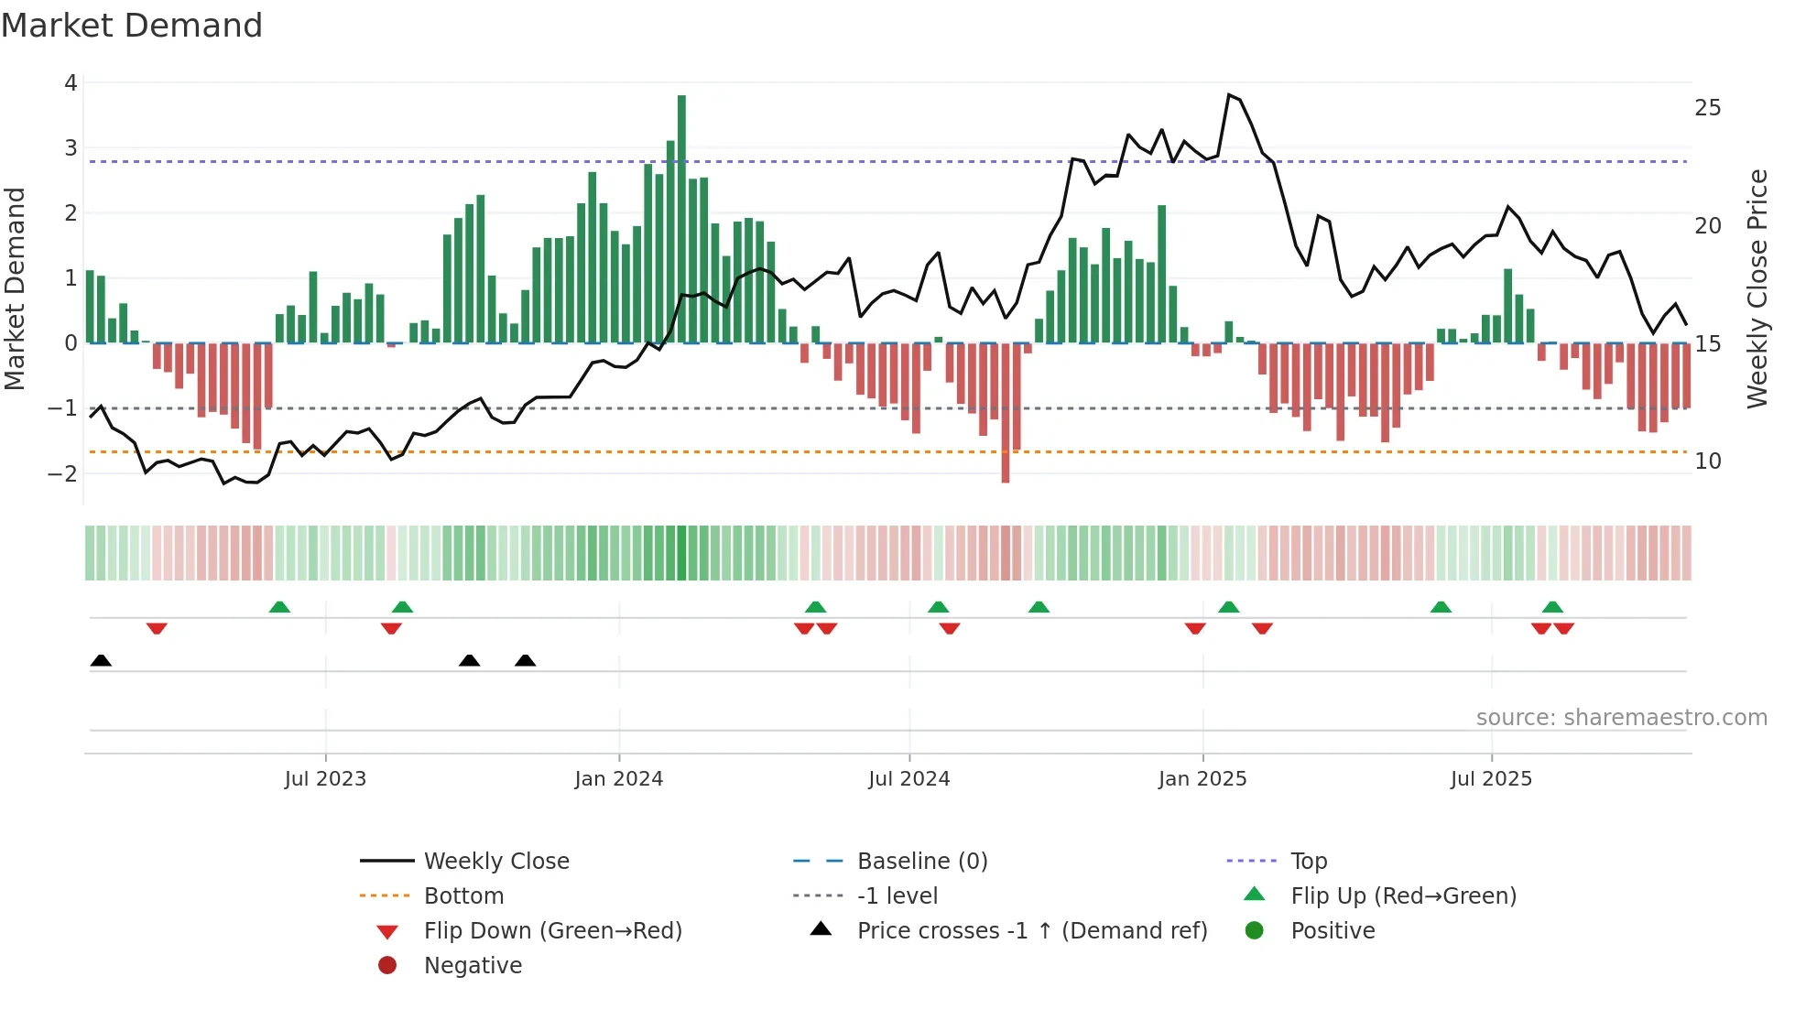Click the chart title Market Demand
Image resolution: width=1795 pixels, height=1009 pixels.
click(132, 26)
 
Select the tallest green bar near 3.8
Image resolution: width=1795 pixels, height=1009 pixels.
click(681, 220)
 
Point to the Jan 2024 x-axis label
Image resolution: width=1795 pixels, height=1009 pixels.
click(618, 779)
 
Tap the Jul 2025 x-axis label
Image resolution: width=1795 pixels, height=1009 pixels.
click(1491, 779)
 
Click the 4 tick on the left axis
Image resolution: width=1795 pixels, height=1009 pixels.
click(71, 83)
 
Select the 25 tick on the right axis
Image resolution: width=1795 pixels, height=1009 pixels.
click(1707, 108)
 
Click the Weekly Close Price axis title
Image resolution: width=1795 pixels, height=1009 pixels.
click(1757, 288)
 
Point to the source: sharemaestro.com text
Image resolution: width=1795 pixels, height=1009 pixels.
click(1621, 718)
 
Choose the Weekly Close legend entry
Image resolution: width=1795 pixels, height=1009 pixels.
click(495, 862)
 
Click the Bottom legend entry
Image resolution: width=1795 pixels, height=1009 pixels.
click(463, 896)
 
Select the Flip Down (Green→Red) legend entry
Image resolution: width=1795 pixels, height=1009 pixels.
click(552, 931)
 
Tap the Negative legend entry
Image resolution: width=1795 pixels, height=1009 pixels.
click(473, 966)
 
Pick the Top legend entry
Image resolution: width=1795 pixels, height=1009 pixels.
click(1308, 862)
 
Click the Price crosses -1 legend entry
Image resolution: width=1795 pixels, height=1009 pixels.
click(1031, 931)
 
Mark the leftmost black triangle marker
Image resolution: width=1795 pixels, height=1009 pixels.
click(101, 661)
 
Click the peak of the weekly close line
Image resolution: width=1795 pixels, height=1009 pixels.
click(1228, 94)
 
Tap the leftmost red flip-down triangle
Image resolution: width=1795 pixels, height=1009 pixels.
click(157, 628)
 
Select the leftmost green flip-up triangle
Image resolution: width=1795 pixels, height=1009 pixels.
click(279, 607)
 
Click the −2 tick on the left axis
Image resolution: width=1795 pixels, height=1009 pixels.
click(63, 473)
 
